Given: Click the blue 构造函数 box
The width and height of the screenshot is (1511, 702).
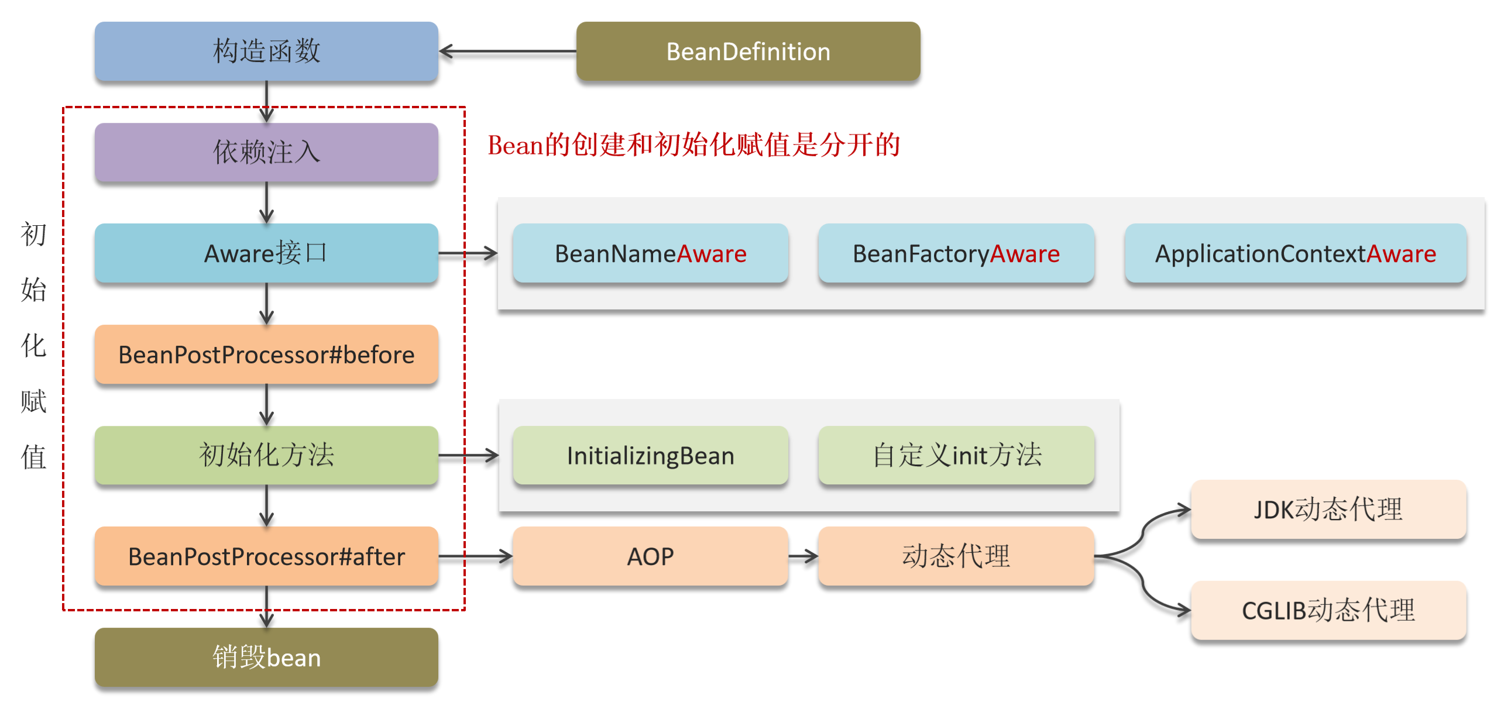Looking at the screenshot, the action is tap(266, 51).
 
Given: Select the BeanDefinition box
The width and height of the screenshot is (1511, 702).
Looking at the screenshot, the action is tap(748, 51).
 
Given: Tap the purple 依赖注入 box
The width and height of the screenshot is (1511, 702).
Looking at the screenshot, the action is tap(266, 152).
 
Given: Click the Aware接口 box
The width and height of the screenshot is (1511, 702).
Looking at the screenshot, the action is tap(266, 253).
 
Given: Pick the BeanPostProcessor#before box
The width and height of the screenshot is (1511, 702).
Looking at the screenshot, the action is tap(266, 355).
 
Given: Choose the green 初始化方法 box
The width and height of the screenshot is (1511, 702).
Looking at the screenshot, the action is tap(266, 455).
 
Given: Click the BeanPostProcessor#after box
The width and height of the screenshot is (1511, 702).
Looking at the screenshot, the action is tap(266, 556).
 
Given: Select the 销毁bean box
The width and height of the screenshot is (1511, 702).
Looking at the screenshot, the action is tap(266, 657).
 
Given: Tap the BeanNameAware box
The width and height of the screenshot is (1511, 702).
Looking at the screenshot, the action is tap(651, 253).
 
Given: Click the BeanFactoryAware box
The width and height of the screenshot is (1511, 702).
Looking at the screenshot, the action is tap(956, 253).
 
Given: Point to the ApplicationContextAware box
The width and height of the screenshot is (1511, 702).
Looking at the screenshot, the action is tap(1296, 253).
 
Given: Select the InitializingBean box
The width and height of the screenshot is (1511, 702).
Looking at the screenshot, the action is tap(651, 455).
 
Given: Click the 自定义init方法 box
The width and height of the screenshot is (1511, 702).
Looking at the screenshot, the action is tap(956, 455).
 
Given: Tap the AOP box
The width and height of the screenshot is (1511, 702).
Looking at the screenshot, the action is tap(651, 556).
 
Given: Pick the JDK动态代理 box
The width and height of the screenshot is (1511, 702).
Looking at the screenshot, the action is tap(1328, 509).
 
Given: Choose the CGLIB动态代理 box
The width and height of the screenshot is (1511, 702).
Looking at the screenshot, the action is tap(1328, 610).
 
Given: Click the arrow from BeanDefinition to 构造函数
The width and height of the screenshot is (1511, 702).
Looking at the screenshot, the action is tap(508, 51).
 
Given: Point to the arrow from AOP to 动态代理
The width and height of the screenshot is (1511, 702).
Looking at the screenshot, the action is tap(803, 556).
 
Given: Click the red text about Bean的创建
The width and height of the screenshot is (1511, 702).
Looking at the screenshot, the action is tap(694, 145).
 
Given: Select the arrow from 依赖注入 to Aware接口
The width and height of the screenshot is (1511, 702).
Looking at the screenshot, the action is tap(267, 203).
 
